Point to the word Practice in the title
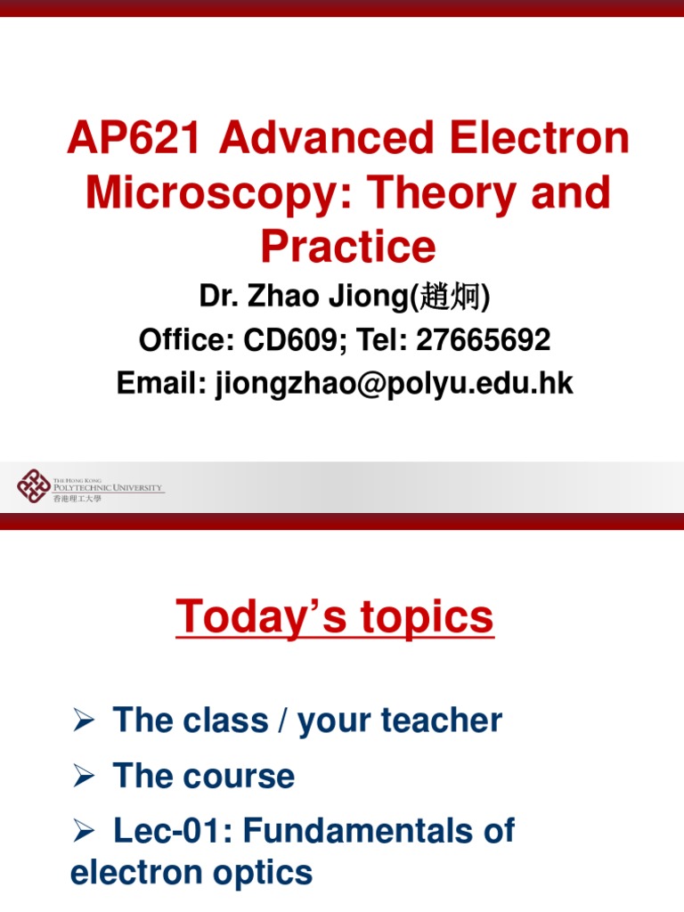(x=348, y=247)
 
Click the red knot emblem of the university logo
(x=34, y=485)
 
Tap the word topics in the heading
(x=425, y=617)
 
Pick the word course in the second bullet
(x=239, y=777)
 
